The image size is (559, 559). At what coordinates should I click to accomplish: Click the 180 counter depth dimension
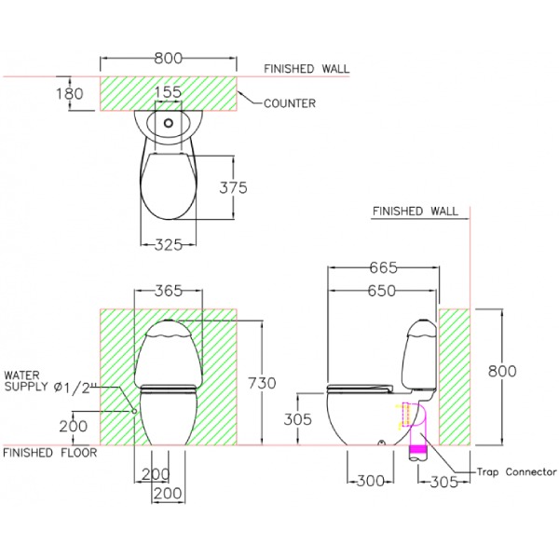point(70,93)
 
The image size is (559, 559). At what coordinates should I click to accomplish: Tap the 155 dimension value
point(169,92)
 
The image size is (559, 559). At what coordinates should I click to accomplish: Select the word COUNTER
point(290,103)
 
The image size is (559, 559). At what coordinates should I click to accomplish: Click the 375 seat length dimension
point(233,187)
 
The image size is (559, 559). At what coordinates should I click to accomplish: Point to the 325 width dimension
point(169,245)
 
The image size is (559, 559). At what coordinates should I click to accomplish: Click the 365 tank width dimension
point(169,291)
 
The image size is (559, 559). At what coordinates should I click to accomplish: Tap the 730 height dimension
point(263,383)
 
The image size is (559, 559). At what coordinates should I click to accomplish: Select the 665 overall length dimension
point(383,267)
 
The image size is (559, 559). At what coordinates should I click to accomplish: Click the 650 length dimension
point(382,291)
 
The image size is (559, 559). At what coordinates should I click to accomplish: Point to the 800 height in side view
point(502,371)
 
